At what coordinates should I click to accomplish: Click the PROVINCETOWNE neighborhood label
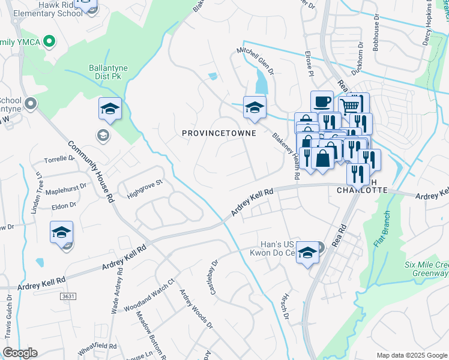(x=219, y=133)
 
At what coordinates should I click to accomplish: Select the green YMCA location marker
(x=50, y=42)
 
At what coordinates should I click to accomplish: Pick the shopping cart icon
(x=349, y=107)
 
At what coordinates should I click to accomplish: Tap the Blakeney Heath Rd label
(x=286, y=156)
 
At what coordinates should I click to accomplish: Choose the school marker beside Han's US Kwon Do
(x=307, y=253)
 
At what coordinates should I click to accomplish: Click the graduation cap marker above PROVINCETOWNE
(x=254, y=107)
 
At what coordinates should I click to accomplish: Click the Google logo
(x=20, y=353)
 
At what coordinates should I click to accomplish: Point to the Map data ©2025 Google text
(x=411, y=355)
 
